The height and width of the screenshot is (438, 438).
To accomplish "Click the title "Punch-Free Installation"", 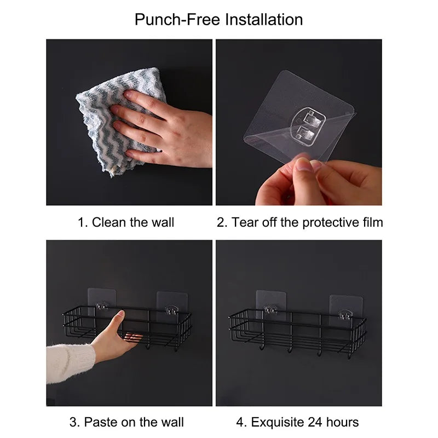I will click(219, 20).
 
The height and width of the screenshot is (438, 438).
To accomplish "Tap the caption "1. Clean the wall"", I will click(126, 222).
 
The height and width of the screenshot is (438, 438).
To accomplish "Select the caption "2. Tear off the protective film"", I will click(299, 222).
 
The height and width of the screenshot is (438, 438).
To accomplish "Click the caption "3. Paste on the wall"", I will click(126, 422).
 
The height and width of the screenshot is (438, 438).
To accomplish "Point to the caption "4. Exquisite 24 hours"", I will click(297, 422).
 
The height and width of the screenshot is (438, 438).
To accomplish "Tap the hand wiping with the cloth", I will click(164, 129).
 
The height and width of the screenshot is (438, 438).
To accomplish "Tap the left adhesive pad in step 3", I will click(99, 299).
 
